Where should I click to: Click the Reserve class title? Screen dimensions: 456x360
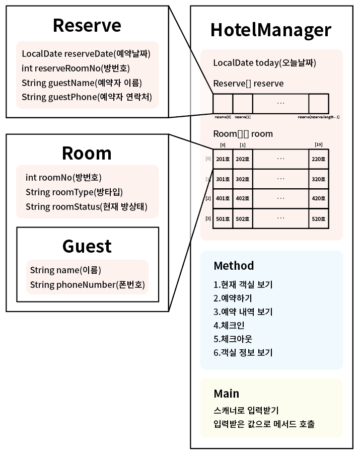87,25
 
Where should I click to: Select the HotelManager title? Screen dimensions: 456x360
271,30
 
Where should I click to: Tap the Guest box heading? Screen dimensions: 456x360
87,246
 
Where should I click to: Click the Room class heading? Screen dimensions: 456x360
87,153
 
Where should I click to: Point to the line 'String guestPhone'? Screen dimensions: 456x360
87,97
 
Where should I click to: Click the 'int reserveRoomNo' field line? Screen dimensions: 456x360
80,68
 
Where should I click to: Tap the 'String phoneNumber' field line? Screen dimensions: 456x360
87,284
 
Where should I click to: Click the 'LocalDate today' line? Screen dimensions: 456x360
264,63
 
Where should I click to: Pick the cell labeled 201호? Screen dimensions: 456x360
223,159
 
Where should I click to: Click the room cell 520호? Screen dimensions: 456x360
318,219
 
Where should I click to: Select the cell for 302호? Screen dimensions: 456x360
243,179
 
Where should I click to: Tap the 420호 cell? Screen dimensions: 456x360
318,199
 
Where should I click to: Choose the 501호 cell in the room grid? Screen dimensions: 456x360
223,219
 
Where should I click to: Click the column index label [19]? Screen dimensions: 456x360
318,145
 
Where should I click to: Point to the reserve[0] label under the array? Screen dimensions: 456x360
223,117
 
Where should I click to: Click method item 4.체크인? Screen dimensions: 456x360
229,325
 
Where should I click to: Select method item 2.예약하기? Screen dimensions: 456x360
233,298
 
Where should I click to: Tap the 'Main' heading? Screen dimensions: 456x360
226,393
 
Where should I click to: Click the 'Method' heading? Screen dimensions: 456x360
234,265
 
